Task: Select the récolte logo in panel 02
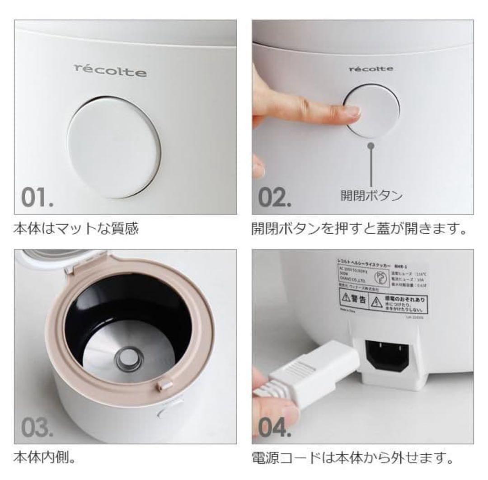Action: (x=371, y=69)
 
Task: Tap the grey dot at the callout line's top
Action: (x=371, y=146)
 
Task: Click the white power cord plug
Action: (x=312, y=380)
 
